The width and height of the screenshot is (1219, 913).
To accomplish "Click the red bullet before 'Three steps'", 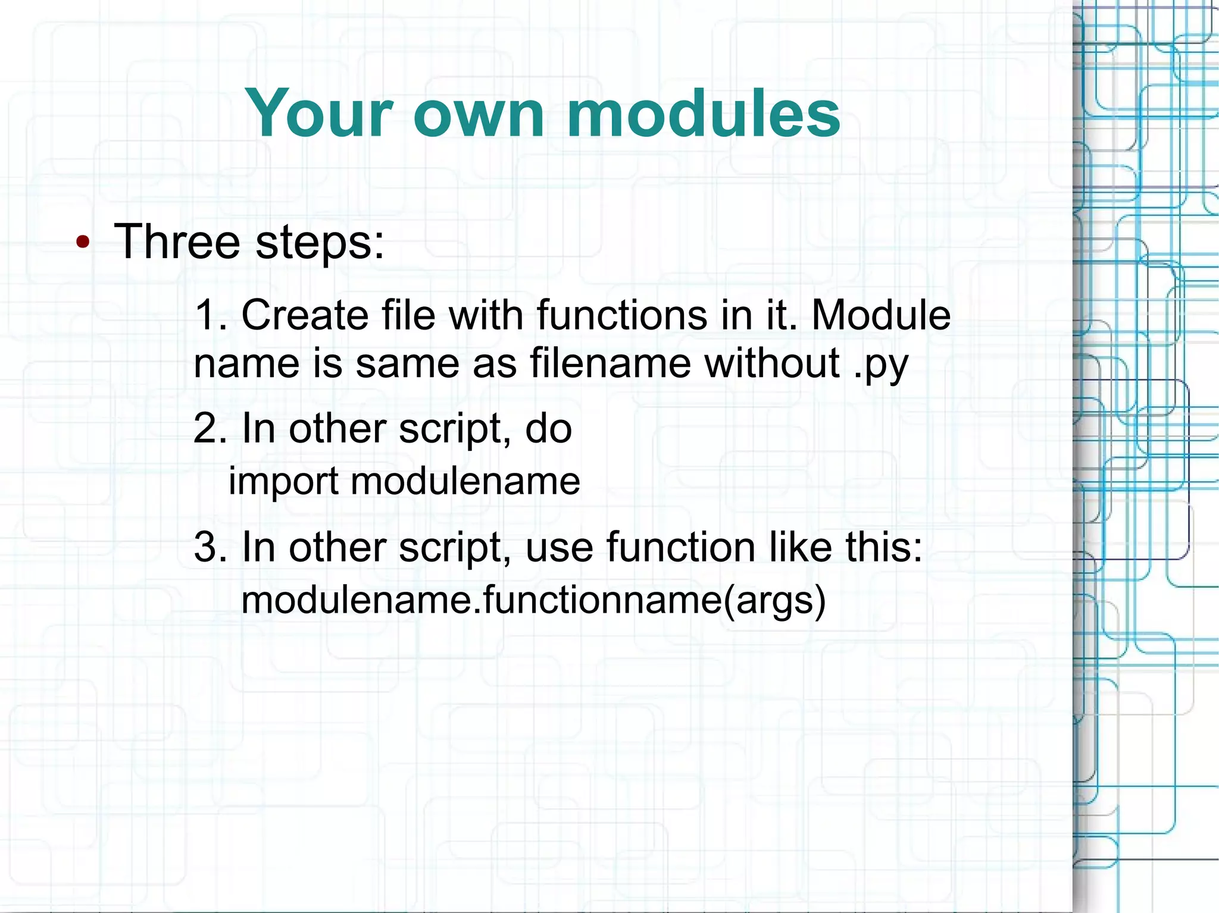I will point(83,242).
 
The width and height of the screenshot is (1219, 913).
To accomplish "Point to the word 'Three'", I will point(177,242).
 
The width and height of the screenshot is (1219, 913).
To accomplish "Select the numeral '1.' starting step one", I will point(211,315).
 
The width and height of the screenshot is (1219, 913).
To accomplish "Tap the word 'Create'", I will point(305,315).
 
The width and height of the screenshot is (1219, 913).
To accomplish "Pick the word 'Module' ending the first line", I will point(881,315).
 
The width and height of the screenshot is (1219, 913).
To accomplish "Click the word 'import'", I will point(283,481).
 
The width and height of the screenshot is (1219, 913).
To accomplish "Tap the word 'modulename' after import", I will point(465,481).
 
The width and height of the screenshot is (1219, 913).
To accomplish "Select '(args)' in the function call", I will point(774,601).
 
